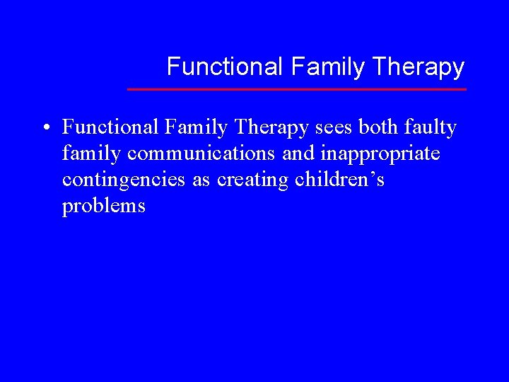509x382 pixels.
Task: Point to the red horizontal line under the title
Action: [297, 89]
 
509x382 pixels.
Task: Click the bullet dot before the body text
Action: [45, 128]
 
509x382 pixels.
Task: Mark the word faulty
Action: [433, 128]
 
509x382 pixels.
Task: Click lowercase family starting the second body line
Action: [91, 154]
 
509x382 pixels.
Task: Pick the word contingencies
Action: [124, 180]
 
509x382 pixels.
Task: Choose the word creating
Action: [252, 180]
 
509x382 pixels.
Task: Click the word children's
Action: [340, 180]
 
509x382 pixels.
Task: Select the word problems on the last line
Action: [103, 206]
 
